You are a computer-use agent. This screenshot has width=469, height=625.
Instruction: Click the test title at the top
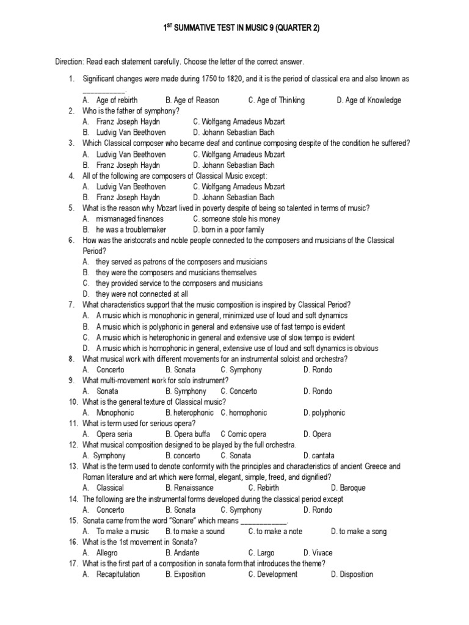(x=241, y=28)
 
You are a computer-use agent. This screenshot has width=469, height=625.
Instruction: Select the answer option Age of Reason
(x=192, y=100)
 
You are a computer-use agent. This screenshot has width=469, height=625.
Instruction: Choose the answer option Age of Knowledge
(x=369, y=100)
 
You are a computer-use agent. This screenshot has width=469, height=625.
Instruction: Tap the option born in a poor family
(x=228, y=229)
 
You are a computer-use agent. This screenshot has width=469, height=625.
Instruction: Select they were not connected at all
(x=142, y=294)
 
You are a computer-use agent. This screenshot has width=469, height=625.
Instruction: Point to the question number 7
(x=71, y=305)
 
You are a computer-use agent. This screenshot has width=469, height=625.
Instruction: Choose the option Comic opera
(x=244, y=434)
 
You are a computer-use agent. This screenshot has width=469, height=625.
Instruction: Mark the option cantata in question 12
(x=319, y=456)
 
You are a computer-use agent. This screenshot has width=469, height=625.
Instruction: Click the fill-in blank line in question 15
(x=264, y=521)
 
